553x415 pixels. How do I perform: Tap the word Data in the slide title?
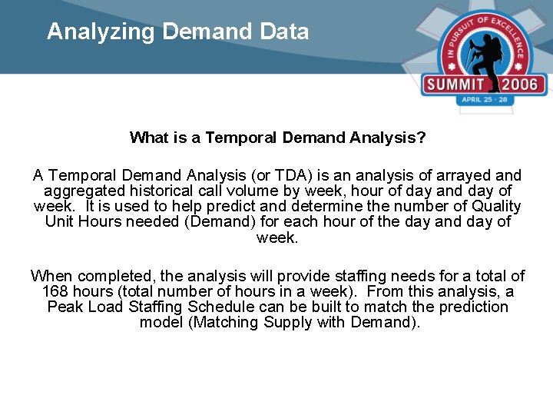click(286, 32)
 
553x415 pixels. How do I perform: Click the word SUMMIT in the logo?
click(456, 85)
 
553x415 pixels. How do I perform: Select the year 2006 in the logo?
click(523, 85)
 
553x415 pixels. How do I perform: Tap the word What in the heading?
click(148, 138)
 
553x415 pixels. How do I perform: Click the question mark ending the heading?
click(422, 138)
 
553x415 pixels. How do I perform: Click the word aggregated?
click(86, 191)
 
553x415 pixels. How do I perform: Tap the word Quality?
click(496, 206)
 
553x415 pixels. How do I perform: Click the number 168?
click(55, 291)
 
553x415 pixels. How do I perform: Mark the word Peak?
click(64, 307)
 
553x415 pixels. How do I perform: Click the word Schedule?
click(220, 307)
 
